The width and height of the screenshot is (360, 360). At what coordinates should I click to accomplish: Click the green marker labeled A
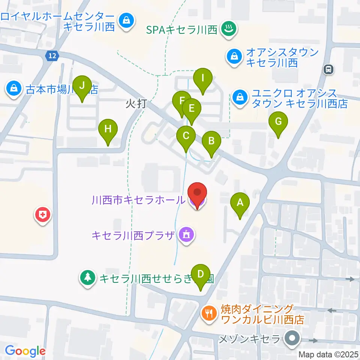240,203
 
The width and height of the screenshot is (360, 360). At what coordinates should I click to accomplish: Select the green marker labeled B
211,142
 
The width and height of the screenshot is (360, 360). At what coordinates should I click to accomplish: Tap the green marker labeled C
186,136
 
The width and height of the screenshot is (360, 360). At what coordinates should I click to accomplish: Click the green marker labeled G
278,122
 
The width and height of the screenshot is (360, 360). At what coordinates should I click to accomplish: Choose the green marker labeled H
108,130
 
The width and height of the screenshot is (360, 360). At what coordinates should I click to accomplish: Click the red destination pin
197,194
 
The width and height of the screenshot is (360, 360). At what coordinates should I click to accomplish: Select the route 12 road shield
53,56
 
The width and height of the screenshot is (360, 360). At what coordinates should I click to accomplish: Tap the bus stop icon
328,69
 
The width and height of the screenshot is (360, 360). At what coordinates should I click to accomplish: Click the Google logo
25,351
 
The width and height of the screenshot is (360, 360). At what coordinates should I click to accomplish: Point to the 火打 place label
136,104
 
